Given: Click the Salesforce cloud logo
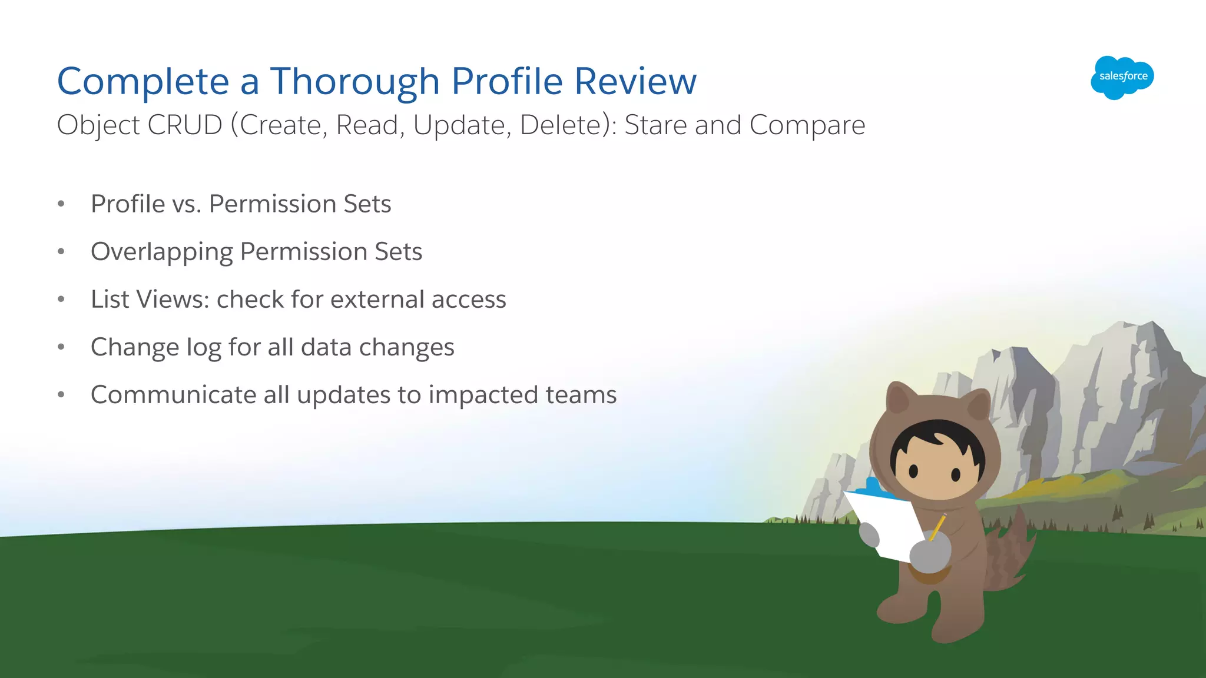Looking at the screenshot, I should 1122,77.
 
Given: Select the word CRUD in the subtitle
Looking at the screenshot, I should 184,125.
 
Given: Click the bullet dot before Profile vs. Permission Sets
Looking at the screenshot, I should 61,204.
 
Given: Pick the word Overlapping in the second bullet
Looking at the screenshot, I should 162,252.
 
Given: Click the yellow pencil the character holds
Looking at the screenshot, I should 937,526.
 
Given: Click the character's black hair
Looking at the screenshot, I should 936,439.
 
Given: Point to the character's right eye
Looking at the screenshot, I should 956,474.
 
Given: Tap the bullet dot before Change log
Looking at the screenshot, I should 61,347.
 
